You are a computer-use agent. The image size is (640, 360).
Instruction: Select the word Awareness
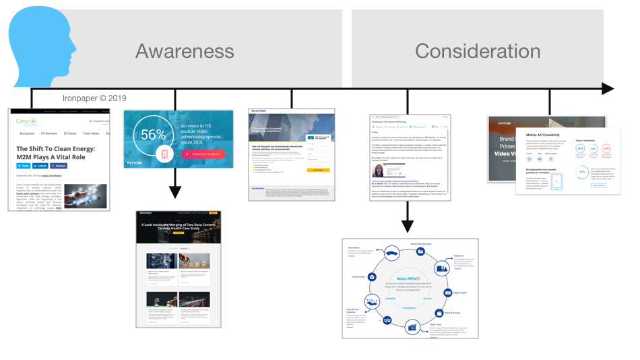pos(185,51)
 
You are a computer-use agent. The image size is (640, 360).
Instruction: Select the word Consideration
pos(477,51)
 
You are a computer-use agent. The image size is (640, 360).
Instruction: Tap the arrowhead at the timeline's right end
pos(608,89)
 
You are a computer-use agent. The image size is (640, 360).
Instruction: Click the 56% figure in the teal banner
pos(153,134)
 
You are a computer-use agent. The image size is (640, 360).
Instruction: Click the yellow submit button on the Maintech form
pos(318,170)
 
